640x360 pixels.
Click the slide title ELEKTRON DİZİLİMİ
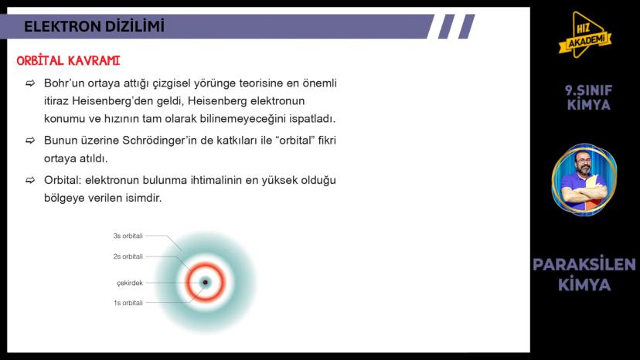pyautogui.click(x=94, y=26)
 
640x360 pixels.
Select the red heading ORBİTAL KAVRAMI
pyautogui.click(x=68, y=60)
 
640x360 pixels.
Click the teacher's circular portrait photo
pyautogui.click(x=584, y=179)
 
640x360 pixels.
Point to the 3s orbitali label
pyautogui.click(x=128, y=236)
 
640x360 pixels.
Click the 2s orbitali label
pyautogui.click(x=128, y=256)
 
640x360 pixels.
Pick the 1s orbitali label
pyautogui.click(x=128, y=303)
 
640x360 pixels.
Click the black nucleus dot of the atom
pyautogui.click(x=205, y=283)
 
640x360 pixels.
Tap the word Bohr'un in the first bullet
pyautogui.click(x=65, y=83)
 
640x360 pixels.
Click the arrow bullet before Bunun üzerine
pyautogui.click(x=30, y=141)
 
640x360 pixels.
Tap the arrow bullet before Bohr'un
pyautogui.click(x=30, y=83)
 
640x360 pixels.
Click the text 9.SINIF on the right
pyautogui.click(x=589, y=90)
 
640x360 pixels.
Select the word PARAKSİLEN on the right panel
pyautogui.click(x=584, y=265)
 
